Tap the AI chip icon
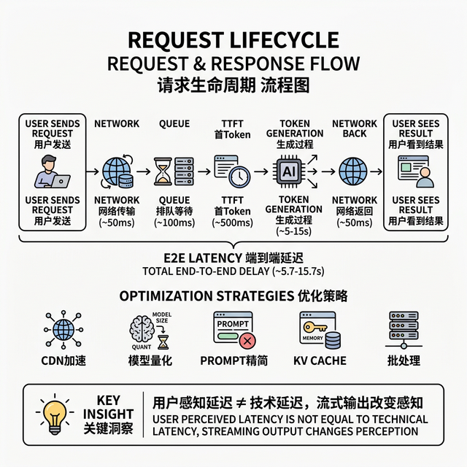[288, 171]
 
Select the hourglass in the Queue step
[163, 171]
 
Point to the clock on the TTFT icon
[238, 176]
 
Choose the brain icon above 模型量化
[144, 327]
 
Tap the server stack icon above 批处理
[404, 328]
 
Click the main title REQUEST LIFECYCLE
[233, 39]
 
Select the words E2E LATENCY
[201, 258]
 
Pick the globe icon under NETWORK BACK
[354, 171]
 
